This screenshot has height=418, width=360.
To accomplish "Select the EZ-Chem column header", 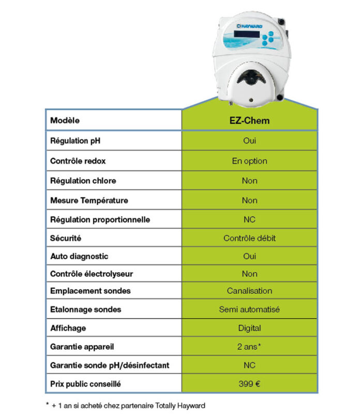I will [249, 121].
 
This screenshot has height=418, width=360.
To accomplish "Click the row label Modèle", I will [66, 121].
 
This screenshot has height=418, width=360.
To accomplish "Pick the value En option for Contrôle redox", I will [249, 161].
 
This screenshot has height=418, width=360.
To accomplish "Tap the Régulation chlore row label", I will [83, 181].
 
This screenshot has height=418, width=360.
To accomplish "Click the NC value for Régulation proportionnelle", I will [249, 219].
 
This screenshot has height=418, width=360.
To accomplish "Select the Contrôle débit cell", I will [249, 238].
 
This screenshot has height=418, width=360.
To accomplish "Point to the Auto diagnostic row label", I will [79, 256].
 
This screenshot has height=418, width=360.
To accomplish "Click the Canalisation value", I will [249, 291].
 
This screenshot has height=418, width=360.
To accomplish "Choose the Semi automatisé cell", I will [249, 309].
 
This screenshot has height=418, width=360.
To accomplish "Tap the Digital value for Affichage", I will [249, 328].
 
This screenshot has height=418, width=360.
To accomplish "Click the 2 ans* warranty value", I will [249, 347].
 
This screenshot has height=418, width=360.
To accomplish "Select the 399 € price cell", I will [249, 384].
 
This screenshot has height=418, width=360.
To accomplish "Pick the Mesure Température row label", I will [88, 200].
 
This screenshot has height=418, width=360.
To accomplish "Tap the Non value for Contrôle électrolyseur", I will [249, 274].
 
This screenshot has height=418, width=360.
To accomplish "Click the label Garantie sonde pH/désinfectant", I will [109, 365].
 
